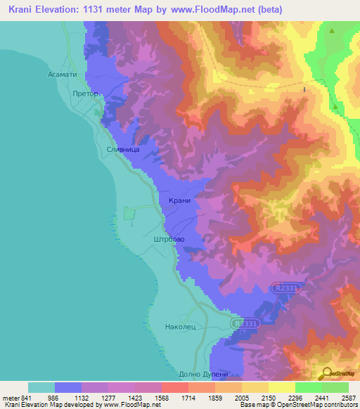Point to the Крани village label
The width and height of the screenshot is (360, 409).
pos(180,201)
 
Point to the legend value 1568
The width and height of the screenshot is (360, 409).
pos(161,398)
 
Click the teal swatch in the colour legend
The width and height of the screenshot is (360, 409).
pos(41,387)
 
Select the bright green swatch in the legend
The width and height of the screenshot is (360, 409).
pos(309,387)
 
